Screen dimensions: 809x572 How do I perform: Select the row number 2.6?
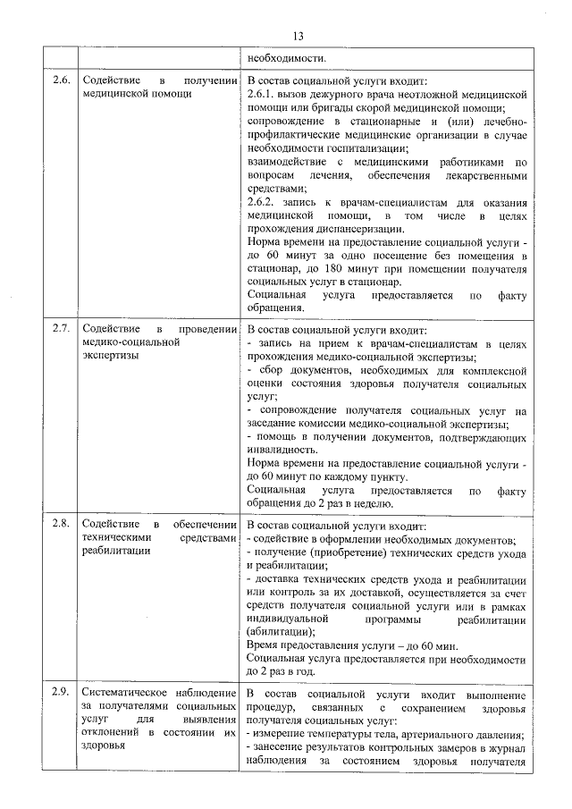61,80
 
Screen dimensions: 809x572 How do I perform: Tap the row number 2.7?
61,328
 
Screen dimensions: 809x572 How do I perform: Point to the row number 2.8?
61,524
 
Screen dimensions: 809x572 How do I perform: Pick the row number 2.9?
61,694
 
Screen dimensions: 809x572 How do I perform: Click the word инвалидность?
282,451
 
